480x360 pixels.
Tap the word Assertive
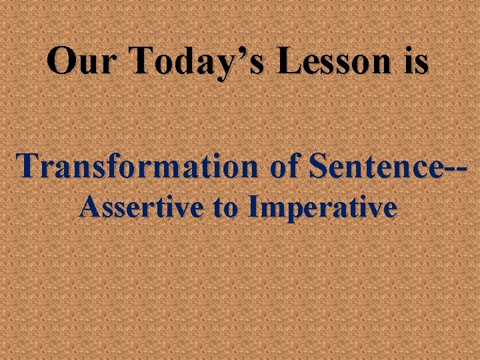[140, 208]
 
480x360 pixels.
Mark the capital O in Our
[62, 61]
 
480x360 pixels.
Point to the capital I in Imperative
[252, 208]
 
